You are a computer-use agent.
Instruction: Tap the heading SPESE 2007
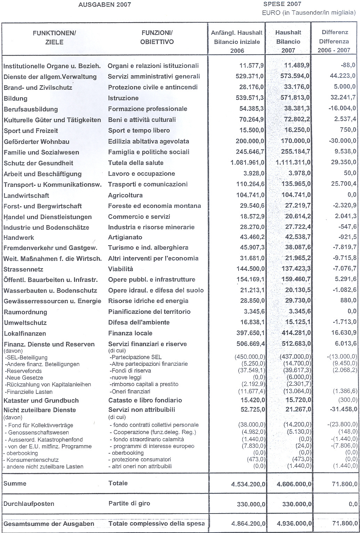pos(282,4)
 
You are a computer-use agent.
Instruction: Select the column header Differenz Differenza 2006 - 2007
pos(335,41)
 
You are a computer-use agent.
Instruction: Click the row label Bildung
pos(15,98)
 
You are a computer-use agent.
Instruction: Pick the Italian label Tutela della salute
pos(136,163)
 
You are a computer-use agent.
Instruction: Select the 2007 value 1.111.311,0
pos(293,162)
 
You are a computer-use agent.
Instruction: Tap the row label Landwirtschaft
pos(26,196)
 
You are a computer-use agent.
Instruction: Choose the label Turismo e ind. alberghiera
pos(148,248)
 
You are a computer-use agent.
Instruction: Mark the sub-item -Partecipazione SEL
pos(135,357)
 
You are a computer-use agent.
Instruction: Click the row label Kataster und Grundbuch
pos(41,400)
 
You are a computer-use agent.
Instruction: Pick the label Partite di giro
pos(130,503)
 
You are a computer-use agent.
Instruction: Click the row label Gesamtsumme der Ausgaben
pos(49,524)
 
